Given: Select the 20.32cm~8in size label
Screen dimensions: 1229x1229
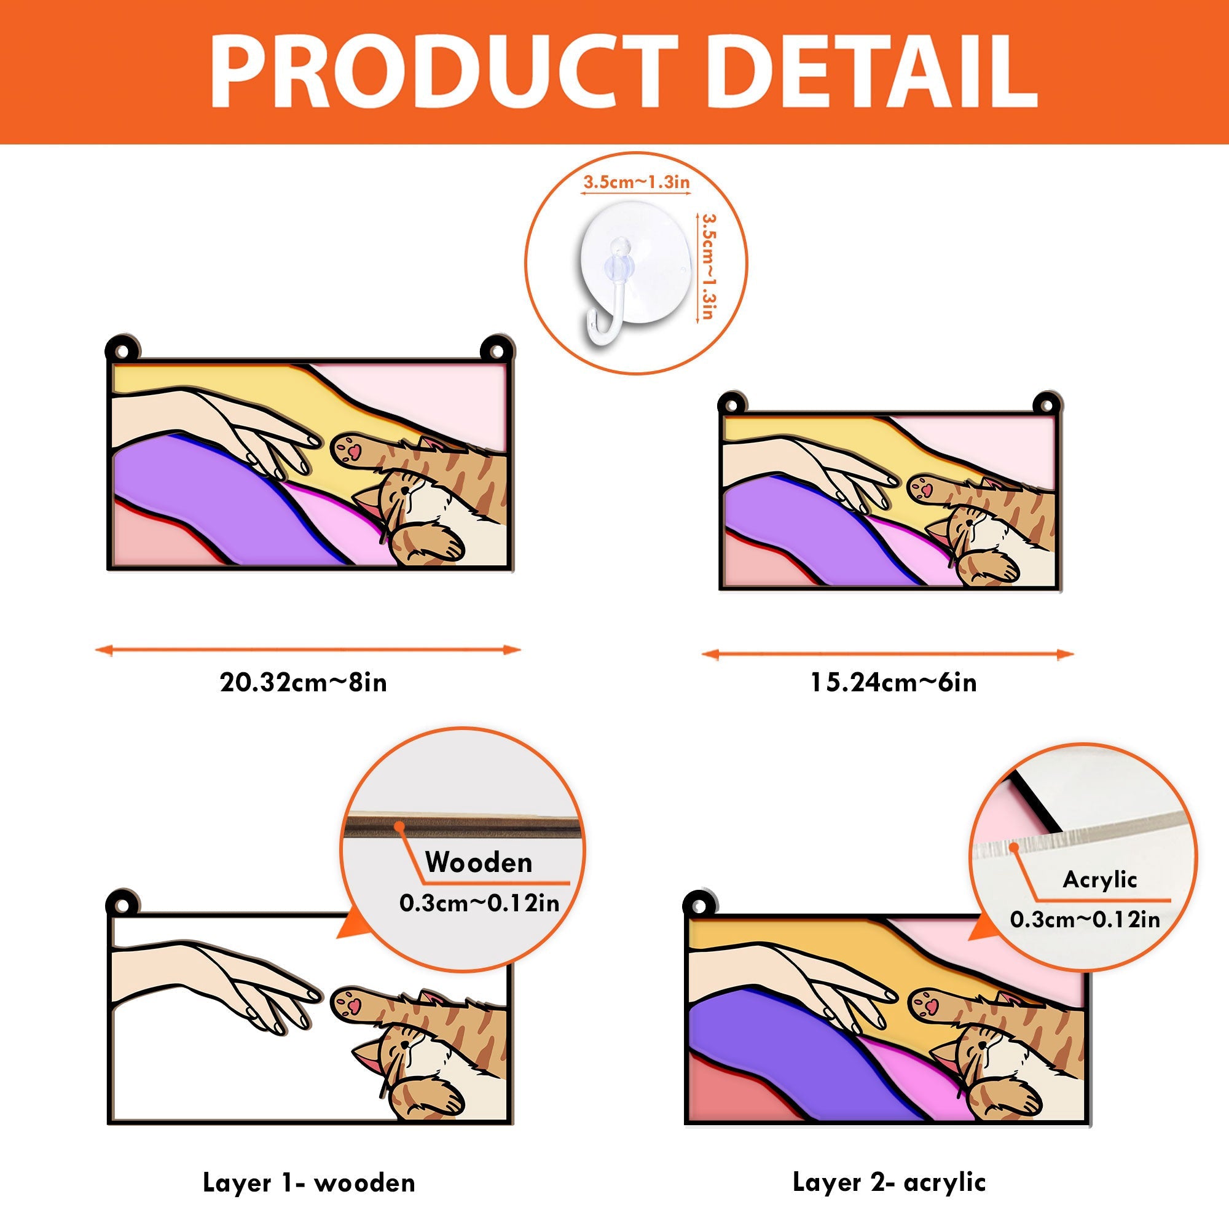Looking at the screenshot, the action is (x=304, y=683).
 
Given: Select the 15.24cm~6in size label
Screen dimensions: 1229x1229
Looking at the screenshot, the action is (x=893, y=683).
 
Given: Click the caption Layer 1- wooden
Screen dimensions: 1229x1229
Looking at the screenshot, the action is (x=309, y=1182).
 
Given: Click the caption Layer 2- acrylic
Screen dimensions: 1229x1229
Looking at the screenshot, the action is (x=889, y=1182).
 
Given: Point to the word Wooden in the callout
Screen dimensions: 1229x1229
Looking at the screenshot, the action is (x=478, y=863).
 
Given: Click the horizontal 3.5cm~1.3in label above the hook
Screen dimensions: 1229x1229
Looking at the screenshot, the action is (x=637, y=183).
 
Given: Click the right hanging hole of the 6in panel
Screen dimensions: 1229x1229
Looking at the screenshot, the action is (x=1045, y=404).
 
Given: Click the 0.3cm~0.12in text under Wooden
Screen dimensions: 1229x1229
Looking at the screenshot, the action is (x=479, y=903).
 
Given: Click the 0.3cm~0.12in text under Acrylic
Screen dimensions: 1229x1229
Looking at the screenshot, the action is (x=1085, y=920).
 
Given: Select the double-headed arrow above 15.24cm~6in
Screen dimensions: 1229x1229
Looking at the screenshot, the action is (x=888, y=654).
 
